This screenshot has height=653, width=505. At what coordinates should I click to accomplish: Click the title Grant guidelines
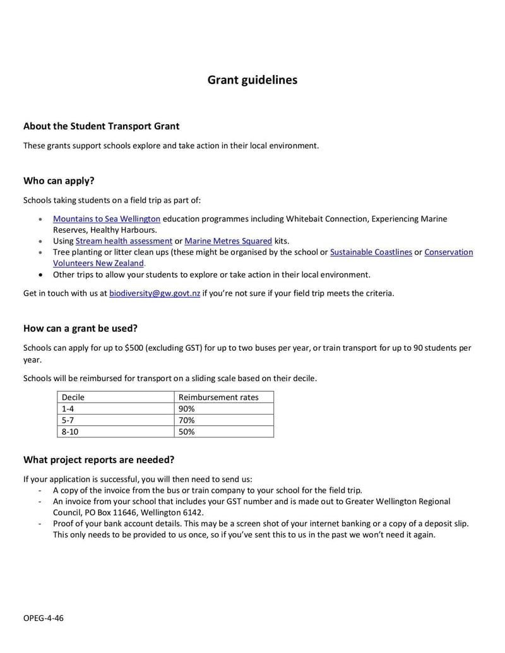pyautogui.click(x=252, y=80)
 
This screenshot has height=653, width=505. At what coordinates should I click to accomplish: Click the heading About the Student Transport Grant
pyautogui.click(x=102, y=126)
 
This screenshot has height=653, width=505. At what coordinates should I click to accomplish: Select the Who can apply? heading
pyautogui.click(x=59, y=180)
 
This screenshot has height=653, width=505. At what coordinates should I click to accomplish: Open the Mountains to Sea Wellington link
pyautogui.click(x=106, y=219)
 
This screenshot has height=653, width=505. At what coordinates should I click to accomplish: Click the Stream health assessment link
pyautogui.click(x=124, y=241)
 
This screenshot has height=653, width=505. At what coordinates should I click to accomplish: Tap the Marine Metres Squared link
pyautogui.click(x=228, y=241)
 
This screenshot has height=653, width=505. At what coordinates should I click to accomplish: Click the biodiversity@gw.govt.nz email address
pyautogui.click(x=155, y=293)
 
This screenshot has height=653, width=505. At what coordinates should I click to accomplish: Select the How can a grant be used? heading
pyautogui.click(x=80, y=328)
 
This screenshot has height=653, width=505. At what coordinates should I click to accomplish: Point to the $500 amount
pyautogui.click(x=136, y=348)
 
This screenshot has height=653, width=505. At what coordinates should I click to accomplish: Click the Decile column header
pyautogui.click(x=73, y=397)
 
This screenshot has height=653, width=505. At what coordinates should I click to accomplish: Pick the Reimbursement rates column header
pyautogui.click(x=218, y=397)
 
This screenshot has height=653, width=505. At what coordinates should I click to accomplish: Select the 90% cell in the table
pyautogui.click(x=186, y=409)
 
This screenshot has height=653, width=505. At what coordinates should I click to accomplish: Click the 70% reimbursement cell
pyautogui.click(x=186, y=420)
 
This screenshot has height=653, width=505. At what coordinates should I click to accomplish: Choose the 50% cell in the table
pyautogui.click(x=186, y=432)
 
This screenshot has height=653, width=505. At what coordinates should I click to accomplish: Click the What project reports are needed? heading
pyautogui.click(x=98, y=459)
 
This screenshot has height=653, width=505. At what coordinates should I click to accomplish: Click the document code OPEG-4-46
pyautogui.click(x=44, y=618)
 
